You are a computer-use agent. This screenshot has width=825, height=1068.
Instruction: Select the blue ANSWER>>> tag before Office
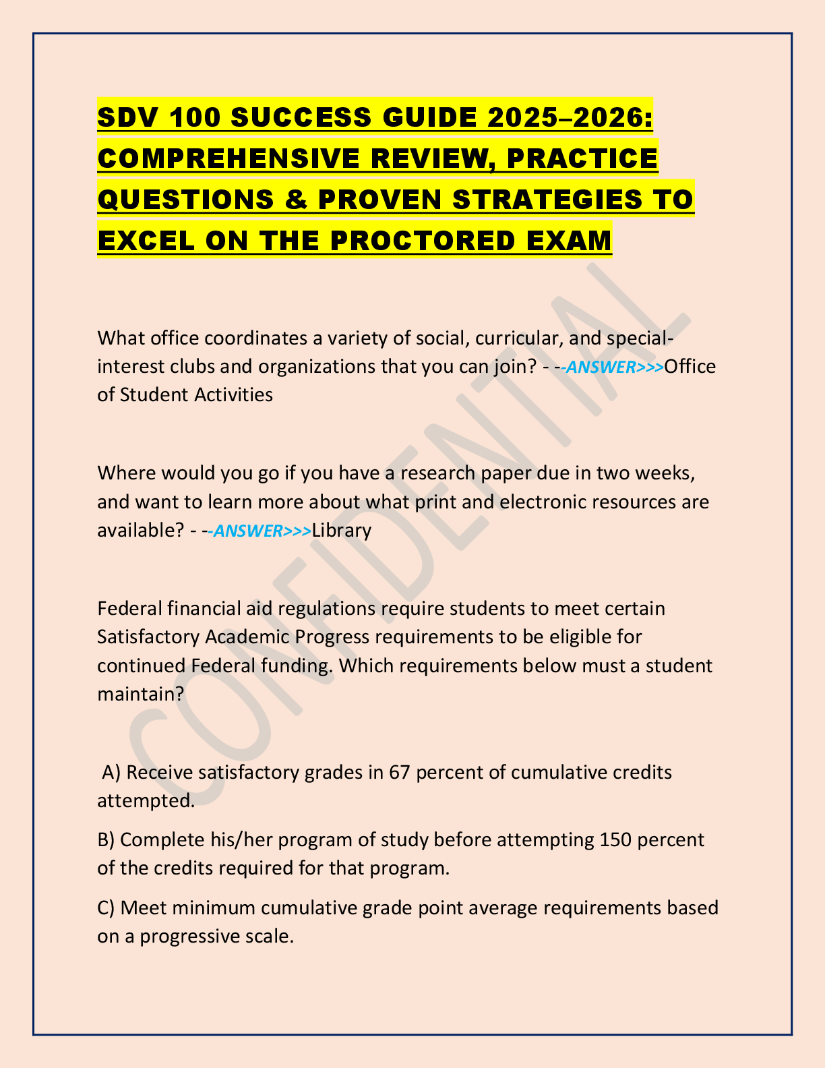(x=614, y=367)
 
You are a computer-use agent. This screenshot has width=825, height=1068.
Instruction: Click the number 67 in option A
(x=400, y=772)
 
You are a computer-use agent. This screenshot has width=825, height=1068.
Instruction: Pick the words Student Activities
(x=196, y=394)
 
